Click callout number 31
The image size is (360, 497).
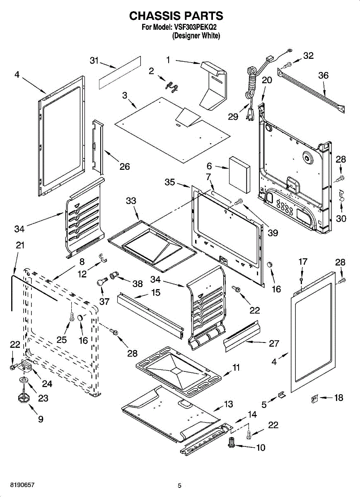pyautogui.click(x=94, y=60)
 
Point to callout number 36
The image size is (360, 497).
pyautogui.click(x=323, y=75)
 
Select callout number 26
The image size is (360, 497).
pyautogui.click(x=125, y=166)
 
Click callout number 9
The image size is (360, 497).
pyautogui.click(x=41, y=419)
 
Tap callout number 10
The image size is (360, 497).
pyautogui.click(x=261, y=448)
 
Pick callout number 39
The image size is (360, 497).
pyautogui.click(x=273, y=232)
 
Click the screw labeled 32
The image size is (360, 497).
pyautogui.click(x=287, y=65)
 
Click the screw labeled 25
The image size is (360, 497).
pyautogui.click(x=72, y=316)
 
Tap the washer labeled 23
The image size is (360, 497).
pyautogui.click(x=24, y=380)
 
